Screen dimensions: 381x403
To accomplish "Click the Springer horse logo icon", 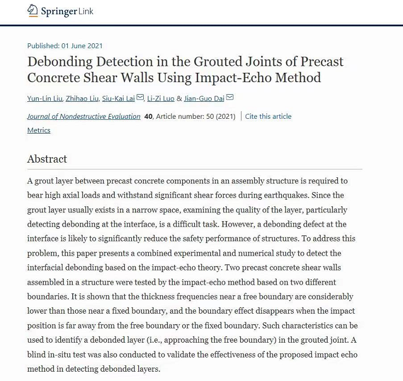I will tap(33, 11).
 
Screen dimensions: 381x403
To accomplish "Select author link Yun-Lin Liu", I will tap(44, 99).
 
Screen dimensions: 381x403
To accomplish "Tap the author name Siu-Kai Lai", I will tap(118, 99).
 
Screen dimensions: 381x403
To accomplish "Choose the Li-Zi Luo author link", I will tap(161, 99).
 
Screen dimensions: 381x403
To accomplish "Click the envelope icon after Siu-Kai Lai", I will tap(140, 98).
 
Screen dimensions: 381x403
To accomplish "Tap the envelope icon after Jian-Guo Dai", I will tap(230, 98).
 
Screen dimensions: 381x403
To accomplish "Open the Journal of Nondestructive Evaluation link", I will tap(84, 116).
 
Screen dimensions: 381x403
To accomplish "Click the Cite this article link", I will tap(268, 116).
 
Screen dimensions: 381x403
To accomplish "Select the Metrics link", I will tap(39, 130).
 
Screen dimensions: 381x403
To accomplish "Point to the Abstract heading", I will tap(47, 159).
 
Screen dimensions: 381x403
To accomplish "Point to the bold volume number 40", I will tap(148, 116).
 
